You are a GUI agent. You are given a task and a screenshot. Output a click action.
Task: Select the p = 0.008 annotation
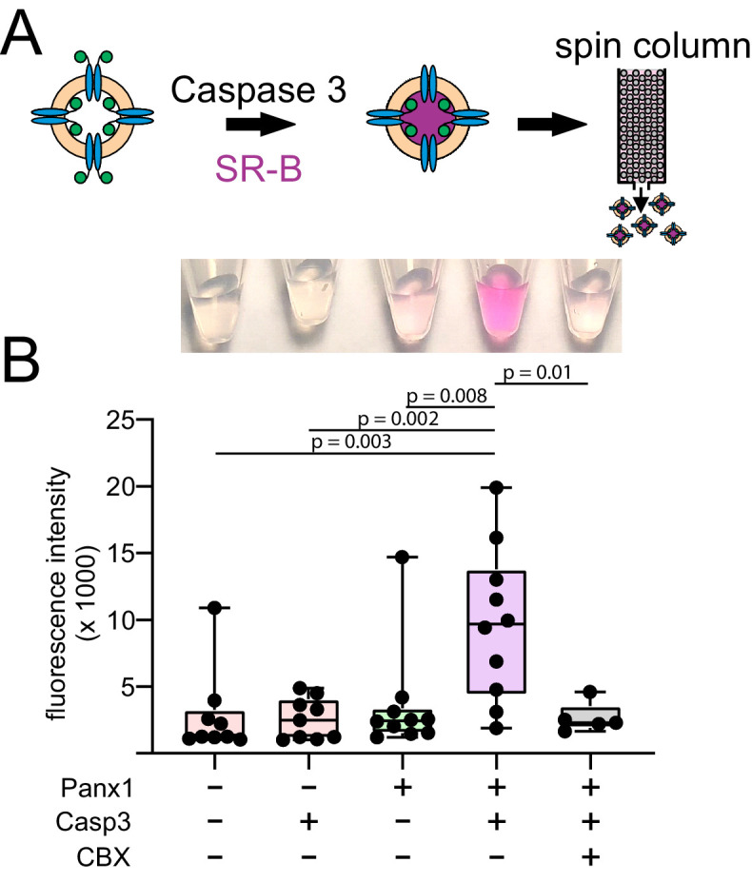448,394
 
